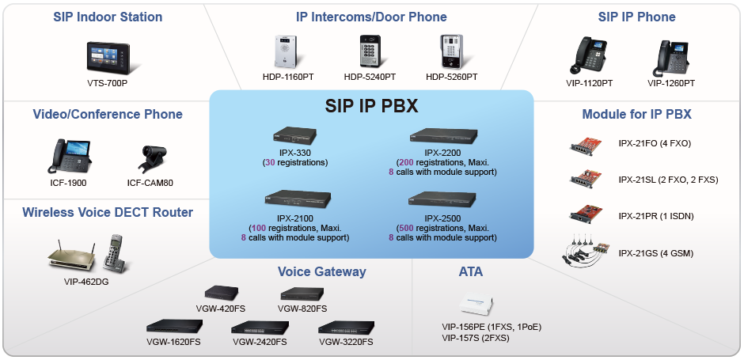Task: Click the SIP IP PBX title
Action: (x=371, y=106)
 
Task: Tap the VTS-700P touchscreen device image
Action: (x=108, y=58)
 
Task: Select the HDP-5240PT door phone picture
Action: (x=370, y=51)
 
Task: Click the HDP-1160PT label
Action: (x=288, y=77)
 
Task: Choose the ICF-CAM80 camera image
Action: (x=153, y=159)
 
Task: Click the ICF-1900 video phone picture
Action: (x=69, y=156)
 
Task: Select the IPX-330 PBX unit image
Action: (x=294, y=135)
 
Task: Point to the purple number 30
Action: (x=270, y=163)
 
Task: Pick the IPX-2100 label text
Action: (x=294, y=218)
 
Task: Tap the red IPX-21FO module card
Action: (x=586, y=145)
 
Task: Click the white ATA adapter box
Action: (x=476, y=304)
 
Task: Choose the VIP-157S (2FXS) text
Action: (x=476, y=338)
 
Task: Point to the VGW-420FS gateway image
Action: (x=222, y=293)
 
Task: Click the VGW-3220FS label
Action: (x=346, y=342)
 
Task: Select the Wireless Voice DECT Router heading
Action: (x=108, y=212)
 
